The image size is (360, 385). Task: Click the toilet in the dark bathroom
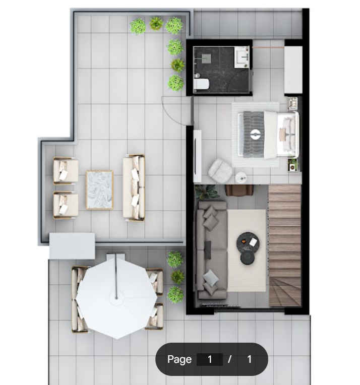(x=201, y=84)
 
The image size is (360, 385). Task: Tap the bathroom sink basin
(x=242, y=57)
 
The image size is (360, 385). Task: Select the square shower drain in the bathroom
(x=206, y=58)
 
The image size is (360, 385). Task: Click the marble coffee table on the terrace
(x=99, y=190)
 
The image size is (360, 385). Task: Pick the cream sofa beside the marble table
(x=134, y=188)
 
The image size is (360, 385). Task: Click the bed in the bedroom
(x=269, y=135)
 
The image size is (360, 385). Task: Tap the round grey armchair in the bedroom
(x=220, y=171)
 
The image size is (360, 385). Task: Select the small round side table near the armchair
(x=241, y=177)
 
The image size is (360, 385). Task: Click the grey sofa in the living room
(x=212, y=250)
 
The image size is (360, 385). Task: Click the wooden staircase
(x=285, y=245)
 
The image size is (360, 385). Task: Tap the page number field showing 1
(x=210, y=359)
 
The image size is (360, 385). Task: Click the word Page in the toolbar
(x=179, y=359)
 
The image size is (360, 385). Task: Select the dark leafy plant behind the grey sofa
(x=207, y=192)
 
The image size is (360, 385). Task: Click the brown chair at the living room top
(x=239, y=190)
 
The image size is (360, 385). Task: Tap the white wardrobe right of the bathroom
(x=293, y=70)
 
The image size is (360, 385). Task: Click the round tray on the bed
(x=255, y=135)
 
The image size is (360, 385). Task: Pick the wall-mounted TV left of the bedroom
(x=196, y=156)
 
